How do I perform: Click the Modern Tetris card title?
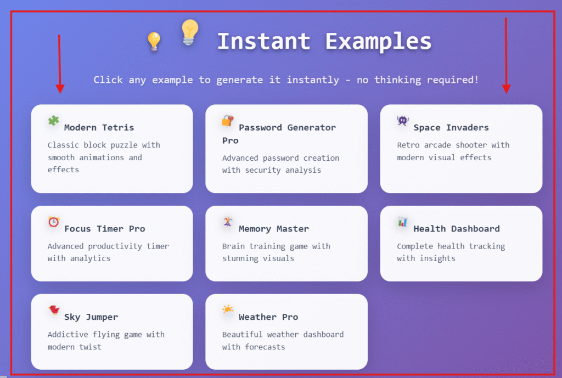99,127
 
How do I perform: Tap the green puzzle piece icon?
53,120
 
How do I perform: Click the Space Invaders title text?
451,127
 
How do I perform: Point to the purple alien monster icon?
402,120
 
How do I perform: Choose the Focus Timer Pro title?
105,229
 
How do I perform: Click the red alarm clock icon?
54,222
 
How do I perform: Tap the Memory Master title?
273,229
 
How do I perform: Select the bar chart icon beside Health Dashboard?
402,222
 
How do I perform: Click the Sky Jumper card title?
91,317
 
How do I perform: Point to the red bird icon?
54,310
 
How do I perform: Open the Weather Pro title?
268,317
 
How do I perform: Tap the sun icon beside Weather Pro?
228,309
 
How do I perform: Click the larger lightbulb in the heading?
189,32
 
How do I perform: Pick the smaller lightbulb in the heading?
154,42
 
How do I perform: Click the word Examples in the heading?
378,42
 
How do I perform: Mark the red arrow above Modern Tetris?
59,64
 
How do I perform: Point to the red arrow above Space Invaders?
506,55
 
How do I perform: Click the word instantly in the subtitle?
312,80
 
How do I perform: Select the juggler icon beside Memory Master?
228,222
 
